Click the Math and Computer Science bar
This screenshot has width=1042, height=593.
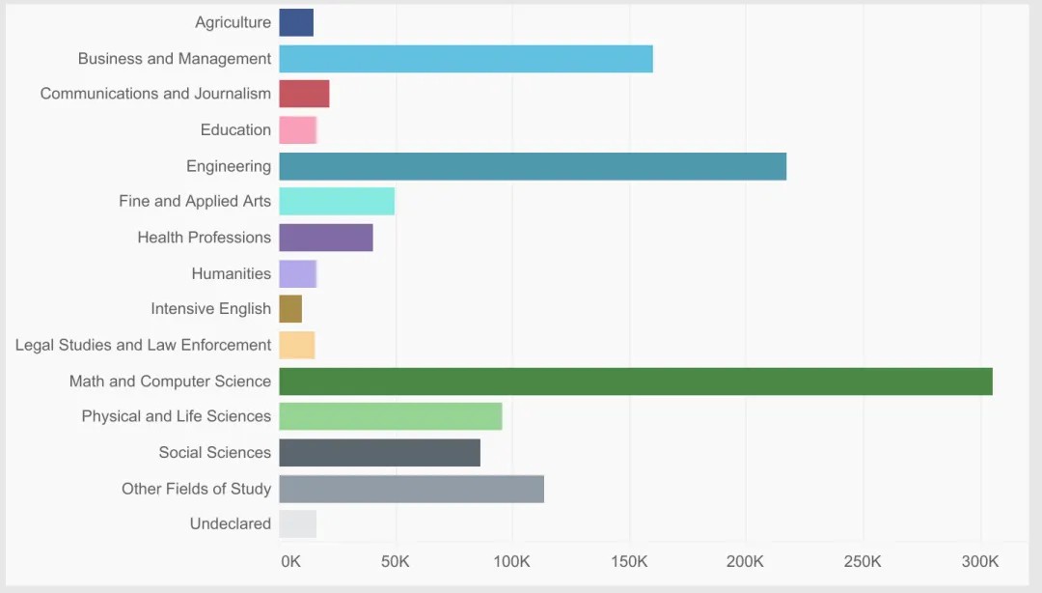point(636,381)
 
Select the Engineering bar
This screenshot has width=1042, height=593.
point(533,166)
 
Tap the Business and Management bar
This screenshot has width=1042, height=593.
point(466,59)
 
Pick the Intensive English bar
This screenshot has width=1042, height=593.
point(290,309)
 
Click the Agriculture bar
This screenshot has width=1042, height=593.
point(296,22)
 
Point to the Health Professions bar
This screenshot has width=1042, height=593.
point(326,238)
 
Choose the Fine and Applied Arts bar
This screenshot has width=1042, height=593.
point(337,201)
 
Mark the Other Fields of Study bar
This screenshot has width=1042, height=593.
point(412,489)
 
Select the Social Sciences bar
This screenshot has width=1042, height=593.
point(380,453)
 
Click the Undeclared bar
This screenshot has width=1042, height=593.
point(298,523)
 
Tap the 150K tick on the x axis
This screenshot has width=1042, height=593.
point(629,562)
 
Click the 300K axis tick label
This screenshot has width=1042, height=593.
point(980,562)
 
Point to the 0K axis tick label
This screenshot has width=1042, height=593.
point(290,562)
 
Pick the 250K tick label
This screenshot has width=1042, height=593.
point(863,562)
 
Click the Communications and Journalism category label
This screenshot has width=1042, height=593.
point(155,94)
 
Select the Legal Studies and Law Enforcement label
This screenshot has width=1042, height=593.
point(143,345)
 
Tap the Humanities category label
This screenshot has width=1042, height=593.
point(232,273)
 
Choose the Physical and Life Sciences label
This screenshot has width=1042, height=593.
point(177,416)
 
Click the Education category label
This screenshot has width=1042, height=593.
point(235,129)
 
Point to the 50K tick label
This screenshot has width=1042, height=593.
point(395,562)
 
